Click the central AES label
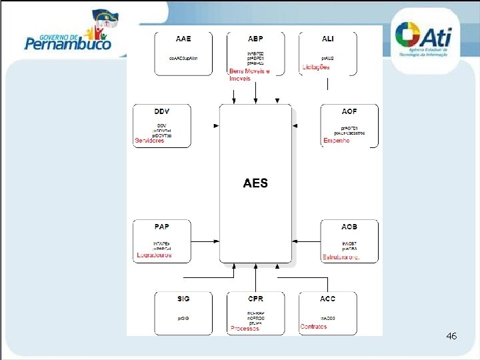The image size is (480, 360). pos(255,183)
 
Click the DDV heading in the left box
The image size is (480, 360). pos(162,111)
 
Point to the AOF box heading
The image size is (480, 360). pos(349,111)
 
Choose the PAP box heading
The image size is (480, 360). pos(162,227)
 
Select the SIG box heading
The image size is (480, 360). pos(183,299)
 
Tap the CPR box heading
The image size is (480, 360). pos(255,299)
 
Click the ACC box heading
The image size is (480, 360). pos(328,299)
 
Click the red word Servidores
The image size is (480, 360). pos(149,141)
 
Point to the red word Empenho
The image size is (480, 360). pos(336,141)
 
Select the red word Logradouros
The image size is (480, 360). pos(154,255)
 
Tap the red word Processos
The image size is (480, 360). pos(245,328)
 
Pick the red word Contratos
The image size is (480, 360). pos(313,327)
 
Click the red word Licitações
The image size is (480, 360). pos(316,67)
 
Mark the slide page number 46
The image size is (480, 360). pos(451,337)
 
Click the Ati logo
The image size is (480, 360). pos(427,40)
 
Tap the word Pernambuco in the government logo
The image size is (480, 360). pos(68,45)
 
